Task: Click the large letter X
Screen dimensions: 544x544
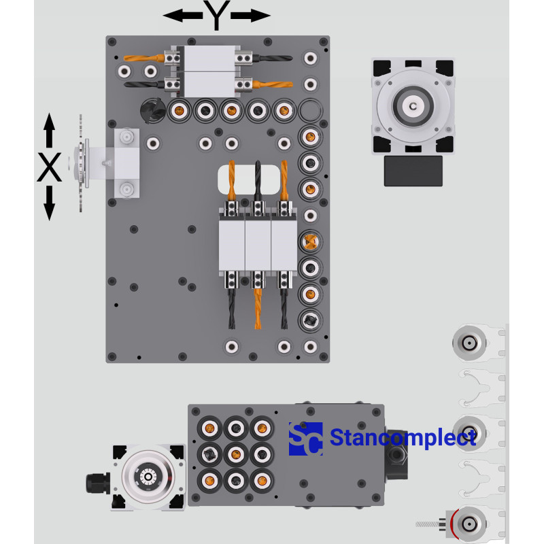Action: [x=49, y=167]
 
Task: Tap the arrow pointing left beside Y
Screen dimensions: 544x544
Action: [x=182, y=16]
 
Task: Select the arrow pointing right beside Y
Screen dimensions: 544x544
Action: [x=252, y=16]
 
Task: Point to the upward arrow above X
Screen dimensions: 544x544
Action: [x=49, y=131]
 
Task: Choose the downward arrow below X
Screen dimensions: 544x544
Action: [x=49, y=204]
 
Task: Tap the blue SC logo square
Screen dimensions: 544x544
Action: [x=305, y=439]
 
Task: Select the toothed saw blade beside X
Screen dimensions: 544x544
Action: [x=81, y=163]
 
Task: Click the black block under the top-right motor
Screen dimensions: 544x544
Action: [x=413, y=171]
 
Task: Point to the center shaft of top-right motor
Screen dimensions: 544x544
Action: [x=413, y=106]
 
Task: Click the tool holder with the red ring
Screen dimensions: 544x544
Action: [x=469, y=523]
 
